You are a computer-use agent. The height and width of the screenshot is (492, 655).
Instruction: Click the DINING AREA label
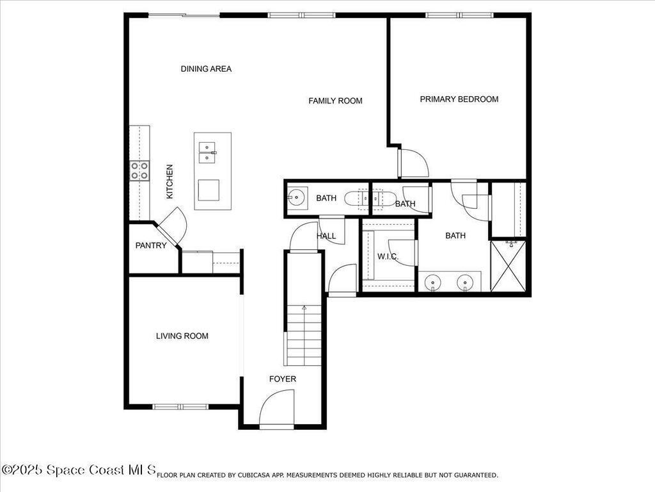click(x=206, y=69)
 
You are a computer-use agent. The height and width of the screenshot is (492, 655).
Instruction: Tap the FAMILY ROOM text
click(x=335, y=101)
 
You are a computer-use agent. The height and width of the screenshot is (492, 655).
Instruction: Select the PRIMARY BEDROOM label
click(x=459, y=99)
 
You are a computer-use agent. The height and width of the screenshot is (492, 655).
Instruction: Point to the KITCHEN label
click(x=170, y=181)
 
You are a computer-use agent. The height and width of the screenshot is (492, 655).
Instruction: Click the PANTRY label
click(x=151, y=245)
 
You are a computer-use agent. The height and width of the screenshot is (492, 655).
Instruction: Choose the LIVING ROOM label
click(x=182, y=336)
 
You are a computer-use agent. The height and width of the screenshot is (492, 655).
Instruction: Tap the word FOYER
click(x=282, y=379)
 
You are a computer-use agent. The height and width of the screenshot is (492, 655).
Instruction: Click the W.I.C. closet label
click(x=388, y=257)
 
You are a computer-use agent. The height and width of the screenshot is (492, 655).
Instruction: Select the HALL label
click(x=326, y=236)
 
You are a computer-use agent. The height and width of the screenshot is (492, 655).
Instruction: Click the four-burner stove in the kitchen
click(x=140, y=170)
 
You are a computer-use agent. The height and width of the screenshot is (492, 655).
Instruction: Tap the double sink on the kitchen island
click(x=207, y=152)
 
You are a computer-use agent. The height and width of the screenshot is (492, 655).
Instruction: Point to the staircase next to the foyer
click(x=304, y=335)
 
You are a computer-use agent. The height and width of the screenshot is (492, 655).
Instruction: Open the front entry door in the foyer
click(x=276, y=410)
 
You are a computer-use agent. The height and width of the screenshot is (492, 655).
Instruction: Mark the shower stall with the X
click(x=508, y=266)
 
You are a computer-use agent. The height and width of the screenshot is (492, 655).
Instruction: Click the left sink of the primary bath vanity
click(x=434, y=282)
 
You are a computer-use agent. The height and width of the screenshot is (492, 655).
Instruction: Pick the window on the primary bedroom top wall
click(x=459, y=15)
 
